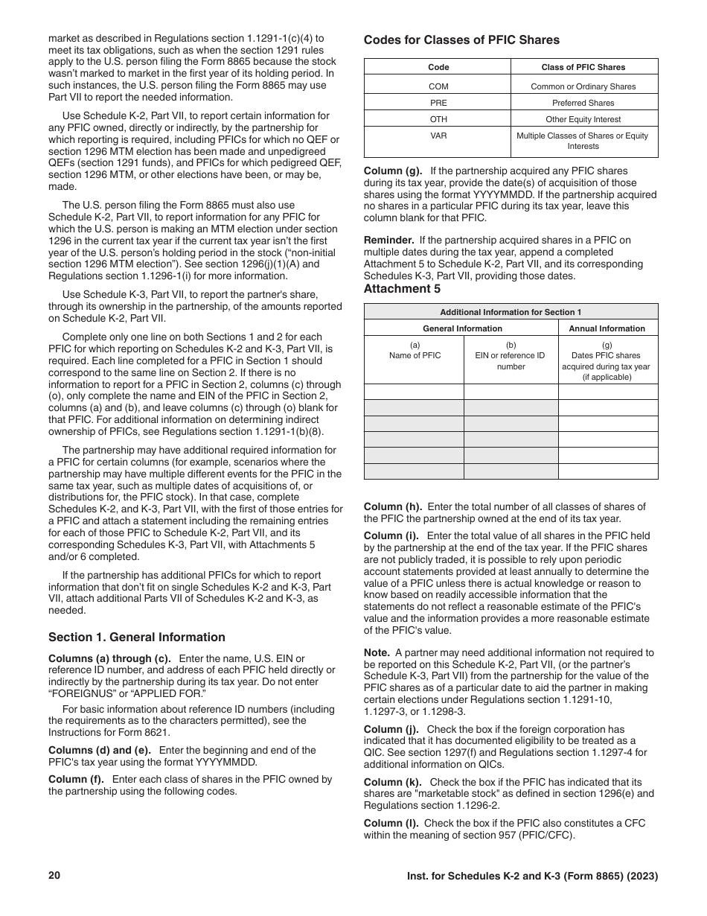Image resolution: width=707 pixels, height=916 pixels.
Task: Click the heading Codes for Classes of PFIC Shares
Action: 461,40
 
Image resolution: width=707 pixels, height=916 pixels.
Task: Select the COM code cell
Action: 438,86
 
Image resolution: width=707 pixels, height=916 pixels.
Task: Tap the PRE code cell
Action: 438,103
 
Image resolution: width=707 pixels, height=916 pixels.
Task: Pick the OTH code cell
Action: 438,119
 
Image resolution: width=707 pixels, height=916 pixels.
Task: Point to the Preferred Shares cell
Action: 583,103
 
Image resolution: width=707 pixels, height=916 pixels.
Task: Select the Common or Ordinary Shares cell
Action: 583,86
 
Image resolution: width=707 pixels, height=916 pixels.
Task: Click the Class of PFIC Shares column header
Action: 583,67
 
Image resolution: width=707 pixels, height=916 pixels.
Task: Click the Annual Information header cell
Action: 607,328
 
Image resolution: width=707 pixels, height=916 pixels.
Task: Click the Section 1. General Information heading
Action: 136,637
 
